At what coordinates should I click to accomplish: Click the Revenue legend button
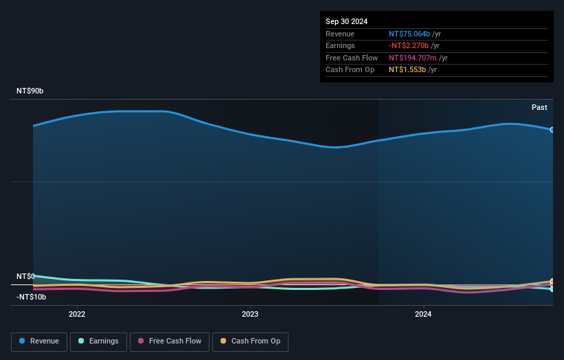[x=39, y=341]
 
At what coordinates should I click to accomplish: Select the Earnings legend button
[x=98, y=341]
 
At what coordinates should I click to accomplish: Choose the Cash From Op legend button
[x=250, y=341]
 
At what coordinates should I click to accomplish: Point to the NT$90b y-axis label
[x=30, y=91]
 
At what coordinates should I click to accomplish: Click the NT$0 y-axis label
[x=25, y=276]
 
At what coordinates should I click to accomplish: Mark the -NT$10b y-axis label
[x=32, y=297]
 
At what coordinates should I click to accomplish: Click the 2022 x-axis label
[x=77, y=314]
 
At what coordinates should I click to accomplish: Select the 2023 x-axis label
[x=250, y=314]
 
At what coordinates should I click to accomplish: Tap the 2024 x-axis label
[x=423, y=314]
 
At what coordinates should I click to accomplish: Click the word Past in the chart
[x=539, y=107]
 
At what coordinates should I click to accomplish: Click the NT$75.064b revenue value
[x=409, y=34]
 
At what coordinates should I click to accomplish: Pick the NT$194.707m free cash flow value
[x=413, y=58]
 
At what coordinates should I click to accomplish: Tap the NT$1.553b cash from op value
[x=407, y=70]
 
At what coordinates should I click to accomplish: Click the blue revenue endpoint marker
[x=552, y=129]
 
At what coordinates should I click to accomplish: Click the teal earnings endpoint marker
[x=552, y=289]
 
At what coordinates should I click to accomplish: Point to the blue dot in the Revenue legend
[x=22, y=341]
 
